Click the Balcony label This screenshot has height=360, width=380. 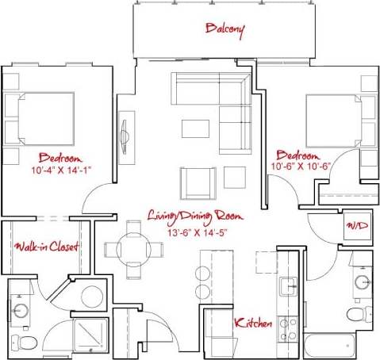tap(225, 29)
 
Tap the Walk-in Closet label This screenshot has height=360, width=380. tap(46, 247)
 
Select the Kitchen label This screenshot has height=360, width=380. tap(253, 324)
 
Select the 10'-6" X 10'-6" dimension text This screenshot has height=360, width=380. tap(298, 167)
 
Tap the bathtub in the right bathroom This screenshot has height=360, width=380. tap(330, 346)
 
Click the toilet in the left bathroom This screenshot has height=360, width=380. tap(29, 342)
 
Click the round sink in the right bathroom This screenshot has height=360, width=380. tap(363, 281)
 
